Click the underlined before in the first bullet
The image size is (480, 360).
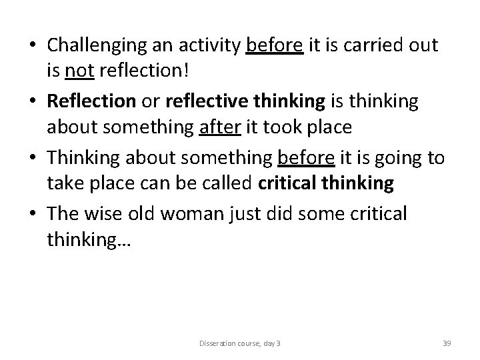point(275,46)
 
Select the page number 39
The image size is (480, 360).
point(447,343)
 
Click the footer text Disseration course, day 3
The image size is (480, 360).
point(239,343)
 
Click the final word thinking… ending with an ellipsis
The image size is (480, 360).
point(89,239)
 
